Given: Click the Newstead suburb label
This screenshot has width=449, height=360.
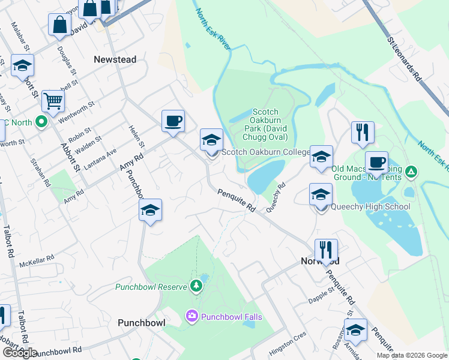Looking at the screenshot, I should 115,59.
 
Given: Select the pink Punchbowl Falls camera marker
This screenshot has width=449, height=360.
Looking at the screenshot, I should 192,316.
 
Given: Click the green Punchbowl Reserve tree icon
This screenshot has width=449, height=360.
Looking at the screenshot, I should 194,285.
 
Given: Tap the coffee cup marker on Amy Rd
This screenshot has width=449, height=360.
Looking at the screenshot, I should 172,122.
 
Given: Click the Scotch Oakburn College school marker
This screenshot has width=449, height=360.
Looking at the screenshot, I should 211,142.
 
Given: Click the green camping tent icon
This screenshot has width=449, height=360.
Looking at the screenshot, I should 411,173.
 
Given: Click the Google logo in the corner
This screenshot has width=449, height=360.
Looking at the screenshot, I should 19,353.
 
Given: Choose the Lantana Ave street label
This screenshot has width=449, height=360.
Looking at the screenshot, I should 103,159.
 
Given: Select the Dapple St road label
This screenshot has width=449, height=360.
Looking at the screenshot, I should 321,295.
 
